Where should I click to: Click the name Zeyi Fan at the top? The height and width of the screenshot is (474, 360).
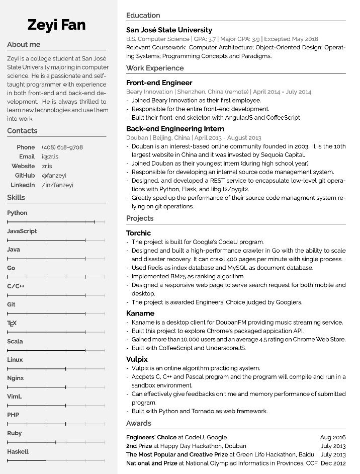pos(56,25)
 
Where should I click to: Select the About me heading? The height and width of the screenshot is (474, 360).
pos(24,44)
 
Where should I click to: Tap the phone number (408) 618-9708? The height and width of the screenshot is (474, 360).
pos(62,147)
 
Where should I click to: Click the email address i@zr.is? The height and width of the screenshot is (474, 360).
pos(50,156)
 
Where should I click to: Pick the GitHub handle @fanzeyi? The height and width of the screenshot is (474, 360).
pos(54,176)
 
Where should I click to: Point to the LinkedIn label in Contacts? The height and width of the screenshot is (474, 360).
pos(23,185)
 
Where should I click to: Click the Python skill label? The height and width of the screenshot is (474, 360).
pos(17,213)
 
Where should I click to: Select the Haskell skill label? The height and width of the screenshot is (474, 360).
pos(18,451)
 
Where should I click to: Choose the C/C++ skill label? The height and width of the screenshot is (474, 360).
pos(16,286)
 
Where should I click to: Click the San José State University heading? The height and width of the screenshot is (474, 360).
pos(169,30)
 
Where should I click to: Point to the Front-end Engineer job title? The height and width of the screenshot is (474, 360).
pos(159,83)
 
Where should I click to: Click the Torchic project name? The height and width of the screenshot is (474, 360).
pos(138,233)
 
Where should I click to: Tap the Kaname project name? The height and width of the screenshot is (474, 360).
pos(140,313)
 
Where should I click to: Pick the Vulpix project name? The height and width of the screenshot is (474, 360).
pos(137,359)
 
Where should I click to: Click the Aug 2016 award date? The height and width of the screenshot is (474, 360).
pos(333,437)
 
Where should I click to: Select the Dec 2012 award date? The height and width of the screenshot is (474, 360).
pos(333,463)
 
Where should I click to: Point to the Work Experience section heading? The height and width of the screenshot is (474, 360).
pos(155,68)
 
